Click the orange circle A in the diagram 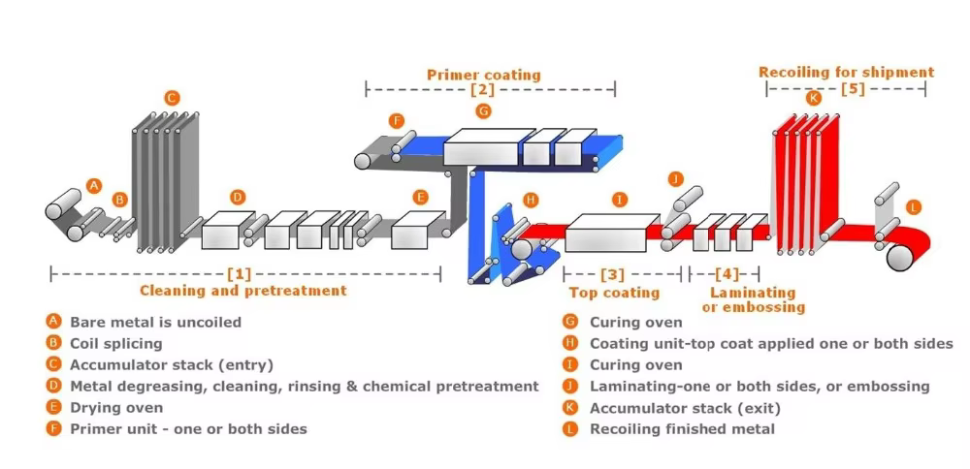click(94, 184)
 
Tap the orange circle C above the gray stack click(172, 97)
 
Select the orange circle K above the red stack click(813, 97)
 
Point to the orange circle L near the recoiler click(913, 206)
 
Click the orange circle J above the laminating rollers click(676, 178)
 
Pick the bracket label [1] click(239, 274)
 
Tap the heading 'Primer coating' click(483, 75)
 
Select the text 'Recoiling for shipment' click(846, 72)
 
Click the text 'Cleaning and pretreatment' click(242, 290)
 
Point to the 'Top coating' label click(614, 292)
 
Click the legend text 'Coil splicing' click(115, 343)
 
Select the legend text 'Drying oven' click(116, 407)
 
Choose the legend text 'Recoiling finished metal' click(682, 428)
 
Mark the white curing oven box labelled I click(606, 233)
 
